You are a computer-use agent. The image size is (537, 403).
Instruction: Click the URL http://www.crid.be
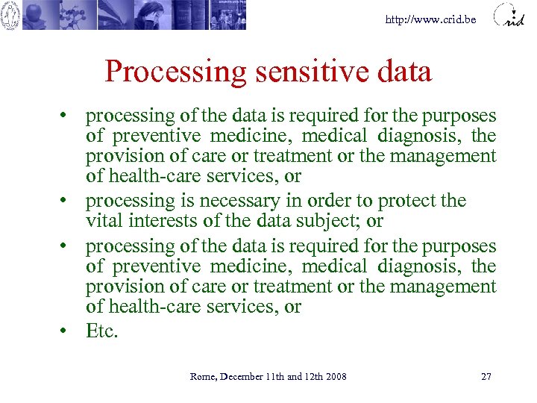(430, 19)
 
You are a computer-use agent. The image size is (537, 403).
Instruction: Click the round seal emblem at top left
(10, 15)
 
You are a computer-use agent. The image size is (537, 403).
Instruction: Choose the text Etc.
(102, 331)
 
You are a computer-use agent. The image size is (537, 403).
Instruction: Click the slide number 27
(486, 376)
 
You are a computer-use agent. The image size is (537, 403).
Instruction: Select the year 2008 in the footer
(335, 376)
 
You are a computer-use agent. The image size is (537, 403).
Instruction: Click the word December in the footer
(240, 376)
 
